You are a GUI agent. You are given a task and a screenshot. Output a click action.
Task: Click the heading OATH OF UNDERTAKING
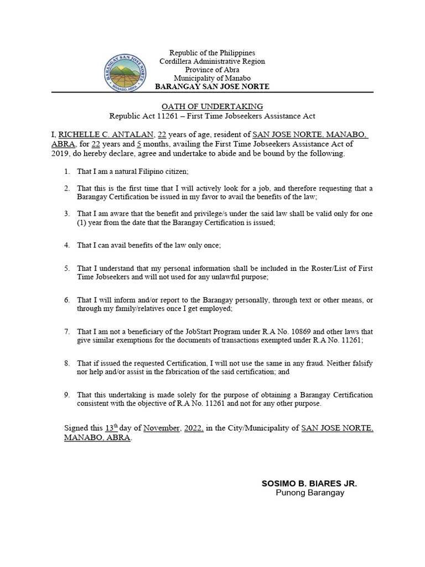212,106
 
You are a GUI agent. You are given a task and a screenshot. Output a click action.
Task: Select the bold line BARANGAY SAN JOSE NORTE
212,87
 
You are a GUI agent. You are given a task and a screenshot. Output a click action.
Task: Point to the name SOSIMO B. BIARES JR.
309,483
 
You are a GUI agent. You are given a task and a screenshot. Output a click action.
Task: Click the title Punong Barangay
309,493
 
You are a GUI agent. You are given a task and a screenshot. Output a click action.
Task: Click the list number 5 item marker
67,269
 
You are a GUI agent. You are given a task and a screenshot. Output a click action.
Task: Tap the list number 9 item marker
67,395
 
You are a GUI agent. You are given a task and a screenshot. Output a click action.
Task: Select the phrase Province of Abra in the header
212,70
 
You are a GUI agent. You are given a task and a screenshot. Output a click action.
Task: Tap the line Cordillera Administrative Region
212,61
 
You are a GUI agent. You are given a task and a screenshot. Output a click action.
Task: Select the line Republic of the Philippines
212,53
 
